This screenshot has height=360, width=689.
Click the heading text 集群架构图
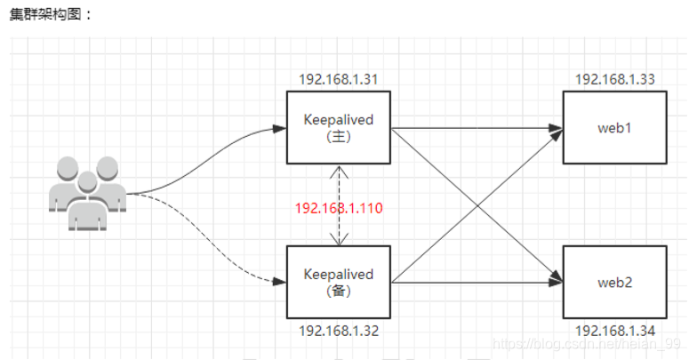pos(52,15)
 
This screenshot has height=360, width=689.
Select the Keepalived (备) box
pos(338,281)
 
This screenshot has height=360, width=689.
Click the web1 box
pos(614,127)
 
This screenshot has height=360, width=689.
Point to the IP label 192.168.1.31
pos(339,79)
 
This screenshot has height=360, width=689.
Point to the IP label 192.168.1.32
pos(339,331)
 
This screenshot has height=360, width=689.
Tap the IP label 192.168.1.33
pos(615,79)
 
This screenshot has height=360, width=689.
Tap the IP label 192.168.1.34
pos(615,331)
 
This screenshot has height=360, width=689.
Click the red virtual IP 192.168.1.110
pos(339,207)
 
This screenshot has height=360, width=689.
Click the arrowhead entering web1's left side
pos(557,130)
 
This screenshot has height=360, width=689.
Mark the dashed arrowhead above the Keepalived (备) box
pos(338,240)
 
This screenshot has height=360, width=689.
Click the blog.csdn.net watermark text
pos(587,342)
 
